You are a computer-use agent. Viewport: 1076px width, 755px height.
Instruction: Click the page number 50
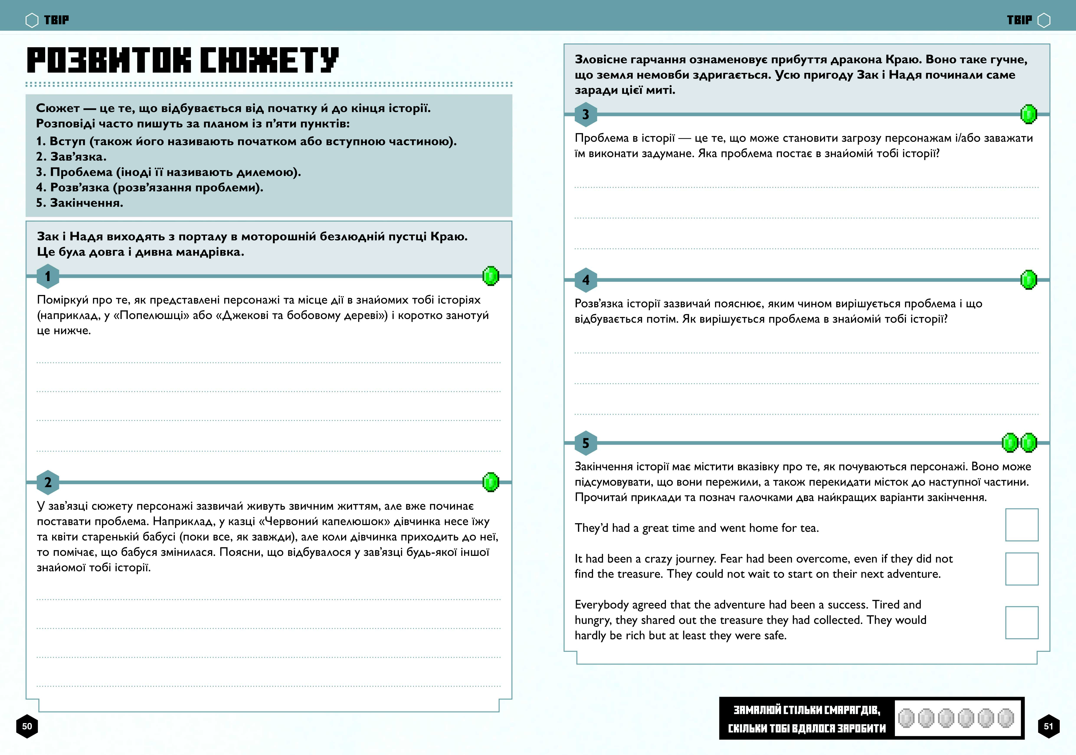click(27, 726)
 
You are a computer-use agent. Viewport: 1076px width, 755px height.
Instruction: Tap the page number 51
click(1048, 726)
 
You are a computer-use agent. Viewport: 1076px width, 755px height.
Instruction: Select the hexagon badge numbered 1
click(48, 276)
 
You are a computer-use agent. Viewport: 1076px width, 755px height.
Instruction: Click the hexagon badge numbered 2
click(48, 482)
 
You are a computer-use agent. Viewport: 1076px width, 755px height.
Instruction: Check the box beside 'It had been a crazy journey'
click(1022, 569)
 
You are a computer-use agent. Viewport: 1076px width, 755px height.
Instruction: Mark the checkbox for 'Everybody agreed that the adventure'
click(1022, 622)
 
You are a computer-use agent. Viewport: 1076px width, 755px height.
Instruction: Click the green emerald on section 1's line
click(491, 276)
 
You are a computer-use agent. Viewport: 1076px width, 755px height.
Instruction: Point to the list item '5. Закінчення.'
click(80, 203)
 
